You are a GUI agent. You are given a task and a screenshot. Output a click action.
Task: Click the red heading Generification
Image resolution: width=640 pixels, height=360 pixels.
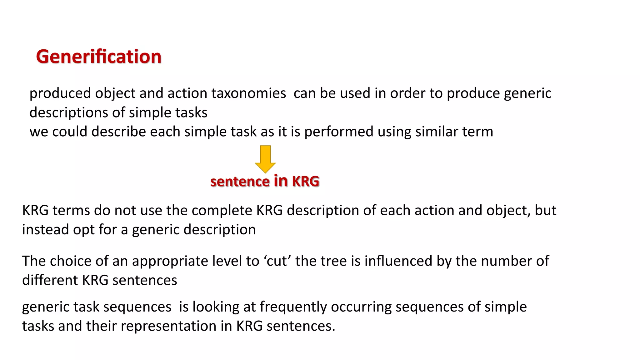tap(98, 57)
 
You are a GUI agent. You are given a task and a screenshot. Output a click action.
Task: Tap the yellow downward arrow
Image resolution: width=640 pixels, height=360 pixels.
tap(265, 159)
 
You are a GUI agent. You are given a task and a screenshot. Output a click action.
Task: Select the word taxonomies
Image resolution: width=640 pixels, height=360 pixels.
tap(248, 93)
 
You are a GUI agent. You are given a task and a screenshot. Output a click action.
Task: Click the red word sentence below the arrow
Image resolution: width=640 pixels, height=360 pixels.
tap(240, 182)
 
